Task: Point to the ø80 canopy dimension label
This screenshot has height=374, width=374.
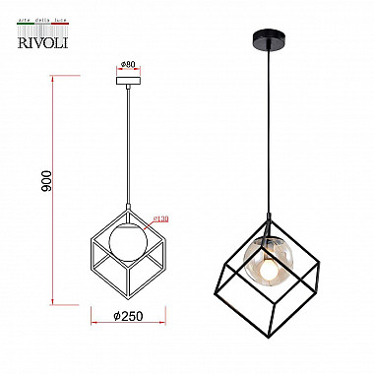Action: pyautogui.click(x=129, y=65)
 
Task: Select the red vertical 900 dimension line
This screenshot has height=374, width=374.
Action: pyautogui.click(x=48, y=187)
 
